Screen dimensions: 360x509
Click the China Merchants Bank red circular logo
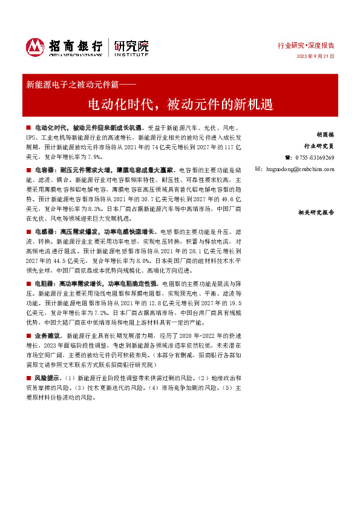[x=35, y=47]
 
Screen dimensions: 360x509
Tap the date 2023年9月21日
[x=315, y=56]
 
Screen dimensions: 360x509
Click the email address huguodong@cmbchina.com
[x=300, y=169]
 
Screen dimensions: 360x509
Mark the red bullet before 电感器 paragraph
[x=28, y=232]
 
